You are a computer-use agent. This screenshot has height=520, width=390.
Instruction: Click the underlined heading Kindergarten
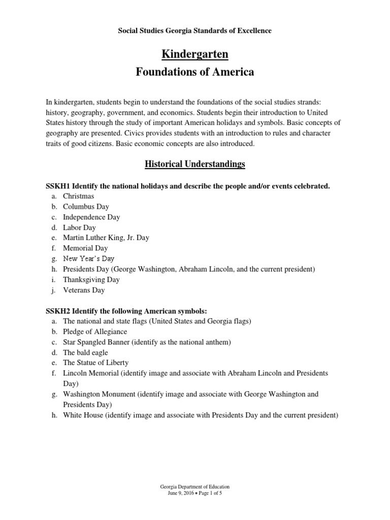coord(195,53)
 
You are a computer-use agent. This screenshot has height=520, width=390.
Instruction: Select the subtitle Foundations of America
coord(195,72)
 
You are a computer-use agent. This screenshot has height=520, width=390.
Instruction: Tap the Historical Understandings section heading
coord(195,164)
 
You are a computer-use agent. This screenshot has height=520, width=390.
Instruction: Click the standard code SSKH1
coord(58,186)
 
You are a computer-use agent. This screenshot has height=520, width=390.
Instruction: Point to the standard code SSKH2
coord(58,311)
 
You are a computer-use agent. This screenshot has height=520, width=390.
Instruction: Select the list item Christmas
coord(79,196)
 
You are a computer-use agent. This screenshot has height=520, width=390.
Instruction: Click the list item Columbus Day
coord(86,207)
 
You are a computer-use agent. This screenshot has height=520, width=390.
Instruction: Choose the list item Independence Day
coord(91,217)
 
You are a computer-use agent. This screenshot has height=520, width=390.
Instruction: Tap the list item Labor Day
coord(80,227)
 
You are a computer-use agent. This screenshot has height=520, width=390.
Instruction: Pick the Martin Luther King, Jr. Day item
coord(106,238)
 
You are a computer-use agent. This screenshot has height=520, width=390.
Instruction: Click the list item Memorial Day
coord(85,248)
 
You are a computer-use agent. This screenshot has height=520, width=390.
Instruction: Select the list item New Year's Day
coord(89,258)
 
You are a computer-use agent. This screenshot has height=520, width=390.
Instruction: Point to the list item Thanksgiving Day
coord(91,279)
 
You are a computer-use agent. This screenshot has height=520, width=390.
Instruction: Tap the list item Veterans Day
coord(84,290)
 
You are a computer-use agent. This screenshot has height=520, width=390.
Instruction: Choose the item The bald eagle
coord(85,352)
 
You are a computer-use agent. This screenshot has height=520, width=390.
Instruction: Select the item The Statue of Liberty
coord(95,363)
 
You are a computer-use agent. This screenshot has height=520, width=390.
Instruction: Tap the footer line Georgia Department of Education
coord(195,486)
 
